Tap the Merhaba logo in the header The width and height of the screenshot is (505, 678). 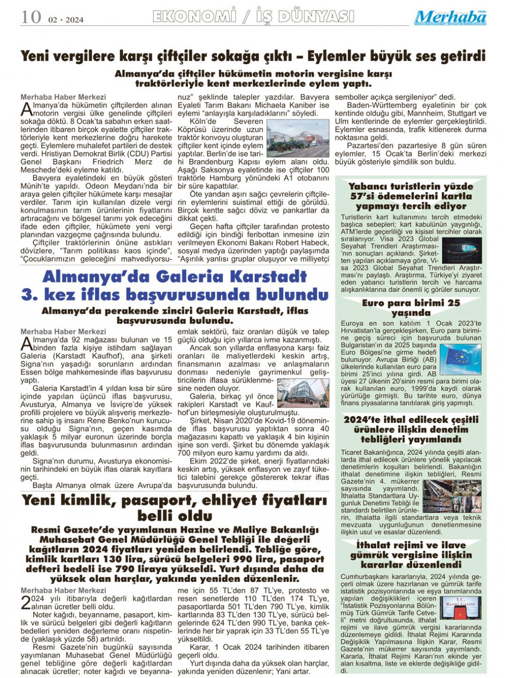coord(450,17)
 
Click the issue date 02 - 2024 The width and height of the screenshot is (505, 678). coord(66,19)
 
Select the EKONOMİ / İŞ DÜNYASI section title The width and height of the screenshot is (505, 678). coord(253,17)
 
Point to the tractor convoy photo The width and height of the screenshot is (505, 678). coord(297,138)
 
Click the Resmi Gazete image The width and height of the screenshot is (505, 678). coord(460,607)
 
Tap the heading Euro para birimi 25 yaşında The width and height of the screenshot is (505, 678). coord(411,308)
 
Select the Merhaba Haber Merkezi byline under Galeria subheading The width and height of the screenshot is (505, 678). coord(63,331)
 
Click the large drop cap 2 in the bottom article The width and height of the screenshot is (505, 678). coord(26,602)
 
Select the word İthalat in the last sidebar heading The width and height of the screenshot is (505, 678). coord(377,545)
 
